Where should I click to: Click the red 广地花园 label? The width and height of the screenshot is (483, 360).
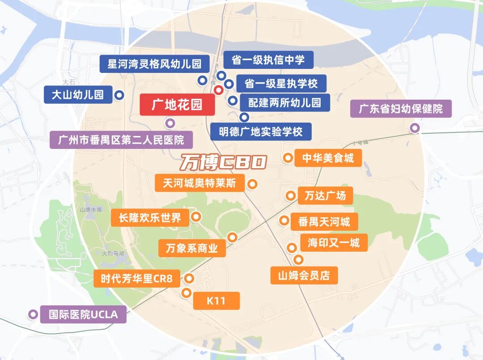[x=177, y=105]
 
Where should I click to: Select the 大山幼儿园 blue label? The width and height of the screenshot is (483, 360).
[x=78, y=95]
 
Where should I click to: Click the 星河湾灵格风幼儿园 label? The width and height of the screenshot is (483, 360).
[x=154, y=64]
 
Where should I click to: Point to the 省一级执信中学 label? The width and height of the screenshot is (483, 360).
[x=268, y=60]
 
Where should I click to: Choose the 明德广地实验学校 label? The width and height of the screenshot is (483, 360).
[x=261, y=131]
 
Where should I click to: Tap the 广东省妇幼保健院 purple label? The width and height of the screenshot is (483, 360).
[x=401, y=109]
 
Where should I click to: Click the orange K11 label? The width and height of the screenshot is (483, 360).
[x=216, y=301]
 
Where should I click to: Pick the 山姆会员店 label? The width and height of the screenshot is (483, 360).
[x=304, y=275]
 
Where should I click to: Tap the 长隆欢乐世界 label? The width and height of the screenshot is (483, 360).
[x=150, y=218]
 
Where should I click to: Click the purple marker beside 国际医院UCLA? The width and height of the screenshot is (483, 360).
[x=32, y=314]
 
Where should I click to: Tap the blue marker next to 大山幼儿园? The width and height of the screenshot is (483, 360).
[x=119, y=95]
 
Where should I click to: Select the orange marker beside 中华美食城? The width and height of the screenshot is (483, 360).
[x=288, y=157]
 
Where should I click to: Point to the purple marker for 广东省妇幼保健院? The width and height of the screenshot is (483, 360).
[x=415, y=128]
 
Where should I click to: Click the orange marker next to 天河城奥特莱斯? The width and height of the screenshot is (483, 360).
[x=253, y=184]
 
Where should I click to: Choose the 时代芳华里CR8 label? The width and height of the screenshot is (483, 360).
[x=136, y=279]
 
